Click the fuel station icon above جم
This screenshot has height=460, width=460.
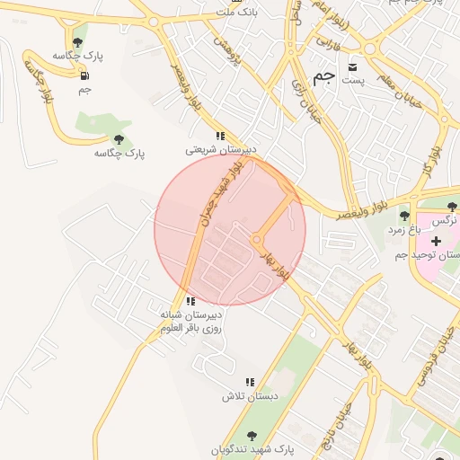84,75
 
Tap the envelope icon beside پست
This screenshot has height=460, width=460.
352,66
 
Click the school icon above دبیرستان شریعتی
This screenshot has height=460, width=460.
220,136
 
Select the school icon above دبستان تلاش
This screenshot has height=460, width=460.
251,382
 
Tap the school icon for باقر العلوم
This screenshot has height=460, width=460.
190,301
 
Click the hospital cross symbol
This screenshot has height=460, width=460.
437,242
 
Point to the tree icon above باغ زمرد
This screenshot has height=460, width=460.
404,216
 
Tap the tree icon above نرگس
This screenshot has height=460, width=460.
452,208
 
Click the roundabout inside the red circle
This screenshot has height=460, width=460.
257,240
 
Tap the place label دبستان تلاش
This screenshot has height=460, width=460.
252,396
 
